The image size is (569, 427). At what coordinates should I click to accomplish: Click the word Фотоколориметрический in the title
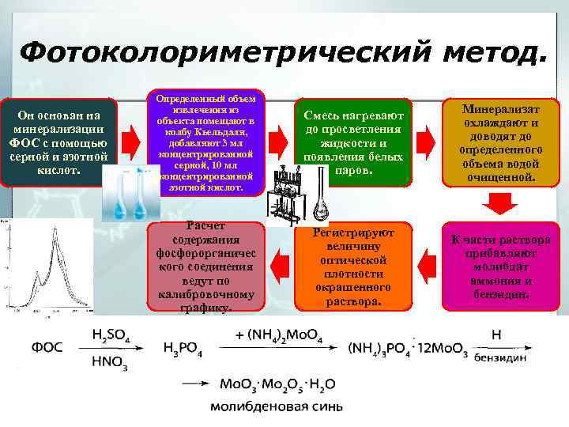[223, 54]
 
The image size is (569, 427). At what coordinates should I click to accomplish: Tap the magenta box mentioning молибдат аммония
[501, 267]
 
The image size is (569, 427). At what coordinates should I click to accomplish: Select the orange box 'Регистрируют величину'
[353, 267]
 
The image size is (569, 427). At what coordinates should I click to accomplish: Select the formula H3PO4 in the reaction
[182, 348]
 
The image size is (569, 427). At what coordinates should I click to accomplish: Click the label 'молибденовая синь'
[276, 407]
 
